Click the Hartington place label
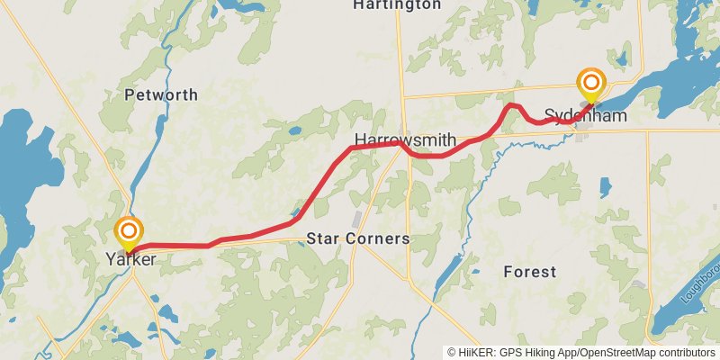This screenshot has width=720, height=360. click(x=397, y=4)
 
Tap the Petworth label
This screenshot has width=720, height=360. click(x=161, y=94)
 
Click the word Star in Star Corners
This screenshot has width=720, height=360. click(x=323, y=239)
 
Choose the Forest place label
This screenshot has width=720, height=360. click(x=529, y=271)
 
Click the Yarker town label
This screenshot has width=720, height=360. click(x=130, y=259)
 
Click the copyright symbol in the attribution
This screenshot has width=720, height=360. click(x=453, y=352)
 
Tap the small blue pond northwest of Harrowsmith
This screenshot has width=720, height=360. click(x=294, y=131)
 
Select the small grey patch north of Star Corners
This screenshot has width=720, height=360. click(x=359, y=220)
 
